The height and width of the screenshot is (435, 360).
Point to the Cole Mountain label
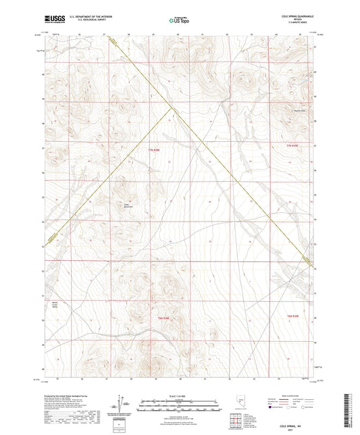tap(126, 205)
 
